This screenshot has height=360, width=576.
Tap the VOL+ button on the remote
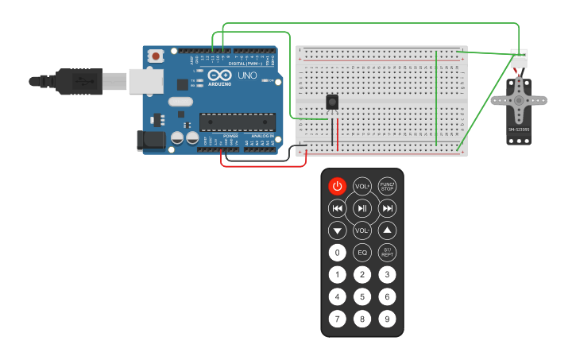[362, 186]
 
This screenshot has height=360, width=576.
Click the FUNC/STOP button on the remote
[387, 186]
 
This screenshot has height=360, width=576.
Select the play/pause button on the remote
[362, 208]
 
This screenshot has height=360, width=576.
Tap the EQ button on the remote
[362, 253]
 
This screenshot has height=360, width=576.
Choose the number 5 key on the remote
[362, 297]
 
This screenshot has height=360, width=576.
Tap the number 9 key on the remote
[387, 319]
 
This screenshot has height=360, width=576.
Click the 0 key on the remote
[338, 253]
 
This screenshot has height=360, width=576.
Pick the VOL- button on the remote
[362, 230]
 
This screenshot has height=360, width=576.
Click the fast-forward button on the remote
[387, 208]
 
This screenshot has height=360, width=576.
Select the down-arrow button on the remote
[338, 230]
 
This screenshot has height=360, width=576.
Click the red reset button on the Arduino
[157, 56]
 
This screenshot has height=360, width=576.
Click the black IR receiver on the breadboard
[332, 102]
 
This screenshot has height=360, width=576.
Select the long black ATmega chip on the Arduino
[238, 122]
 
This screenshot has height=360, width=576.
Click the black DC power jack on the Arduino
[151, 141]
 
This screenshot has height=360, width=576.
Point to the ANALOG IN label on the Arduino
[262, 137]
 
